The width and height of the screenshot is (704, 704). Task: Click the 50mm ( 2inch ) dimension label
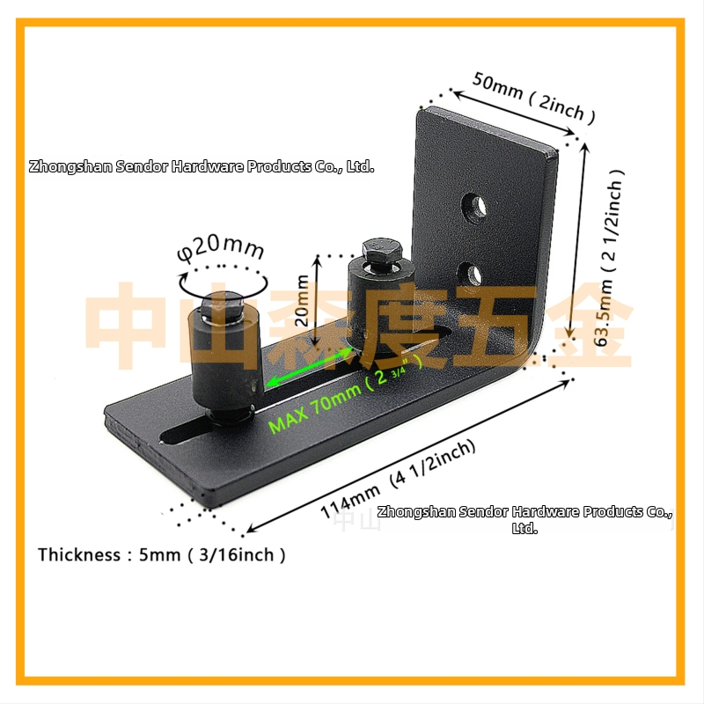click(534, 98)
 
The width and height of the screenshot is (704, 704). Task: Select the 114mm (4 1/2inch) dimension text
click(399, 478)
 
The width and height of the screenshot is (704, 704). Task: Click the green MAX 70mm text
click(314, 407)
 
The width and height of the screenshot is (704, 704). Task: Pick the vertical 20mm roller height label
click(302, 300)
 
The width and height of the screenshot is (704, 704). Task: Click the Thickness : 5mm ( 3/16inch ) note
click(161, 555)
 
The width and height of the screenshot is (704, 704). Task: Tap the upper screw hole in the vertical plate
click(474, 208)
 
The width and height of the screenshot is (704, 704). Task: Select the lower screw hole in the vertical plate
click(470, 274)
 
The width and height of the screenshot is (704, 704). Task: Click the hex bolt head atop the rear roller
click(381, 253)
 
